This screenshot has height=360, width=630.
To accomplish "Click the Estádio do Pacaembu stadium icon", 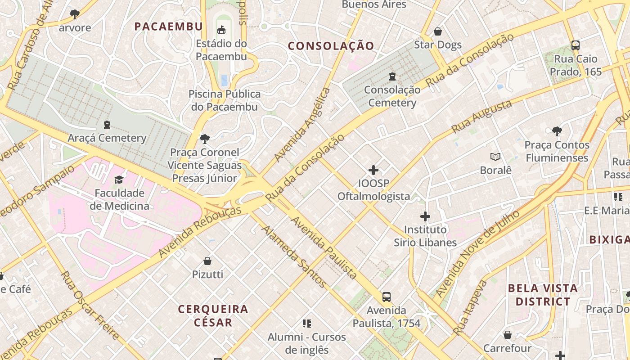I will point(221,30).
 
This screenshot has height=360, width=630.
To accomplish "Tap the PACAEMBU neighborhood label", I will point(169,27).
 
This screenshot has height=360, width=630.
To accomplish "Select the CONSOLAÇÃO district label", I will point(331,46).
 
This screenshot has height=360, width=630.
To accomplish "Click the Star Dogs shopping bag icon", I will point(437,31).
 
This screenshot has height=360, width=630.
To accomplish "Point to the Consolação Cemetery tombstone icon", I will point(392,76).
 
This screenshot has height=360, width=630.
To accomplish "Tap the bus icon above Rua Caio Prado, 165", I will point(575,45).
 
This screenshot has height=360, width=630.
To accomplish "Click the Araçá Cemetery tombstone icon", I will point(107,124).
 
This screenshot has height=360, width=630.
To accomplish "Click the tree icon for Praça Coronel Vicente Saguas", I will point(205,139).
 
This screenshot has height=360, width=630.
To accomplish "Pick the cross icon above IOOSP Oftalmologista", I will point(373,170).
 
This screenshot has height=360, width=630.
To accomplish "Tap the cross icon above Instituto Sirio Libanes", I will point(425,216).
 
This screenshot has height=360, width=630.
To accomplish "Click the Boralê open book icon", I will point(495,157).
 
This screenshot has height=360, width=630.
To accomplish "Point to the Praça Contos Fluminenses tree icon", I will point(557,131).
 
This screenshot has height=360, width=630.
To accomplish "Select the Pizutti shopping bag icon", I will point(207,261).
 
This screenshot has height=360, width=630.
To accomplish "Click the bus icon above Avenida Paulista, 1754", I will point(386,297).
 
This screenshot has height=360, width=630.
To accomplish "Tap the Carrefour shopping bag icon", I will point(507,335).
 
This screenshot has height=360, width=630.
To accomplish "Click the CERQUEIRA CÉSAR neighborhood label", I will point(213,315).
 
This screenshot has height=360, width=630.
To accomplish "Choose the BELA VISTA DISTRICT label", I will point(543,295).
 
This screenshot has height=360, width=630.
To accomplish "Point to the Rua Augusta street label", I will point(481,117).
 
